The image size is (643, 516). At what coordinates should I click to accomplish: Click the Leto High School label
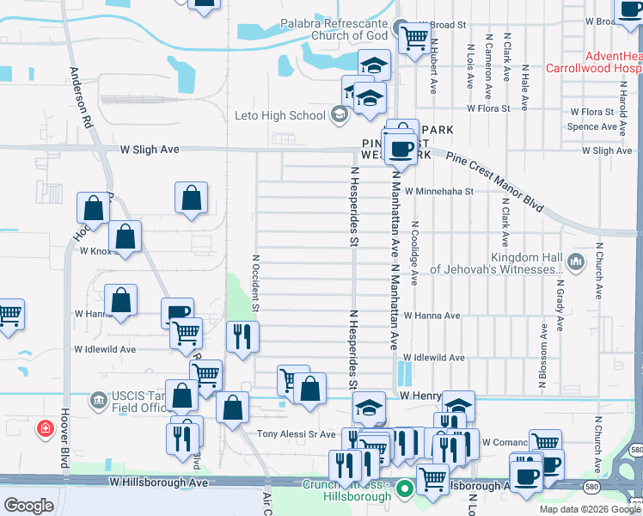click(x=280, y=115)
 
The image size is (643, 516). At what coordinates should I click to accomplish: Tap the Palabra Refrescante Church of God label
click(x=336, y=30)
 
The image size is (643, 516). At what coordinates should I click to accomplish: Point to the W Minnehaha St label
click(x=439, y=192)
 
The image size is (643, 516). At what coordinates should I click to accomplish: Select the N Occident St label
click(x=255, y=282)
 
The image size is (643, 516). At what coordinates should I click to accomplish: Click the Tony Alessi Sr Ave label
click(x=298, y=434)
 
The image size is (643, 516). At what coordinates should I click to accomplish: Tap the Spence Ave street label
click(x=592, y=126)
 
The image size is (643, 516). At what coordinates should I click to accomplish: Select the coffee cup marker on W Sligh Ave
click(x=401, y=149)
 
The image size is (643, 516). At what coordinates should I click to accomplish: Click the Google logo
click(x=29, y=506)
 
